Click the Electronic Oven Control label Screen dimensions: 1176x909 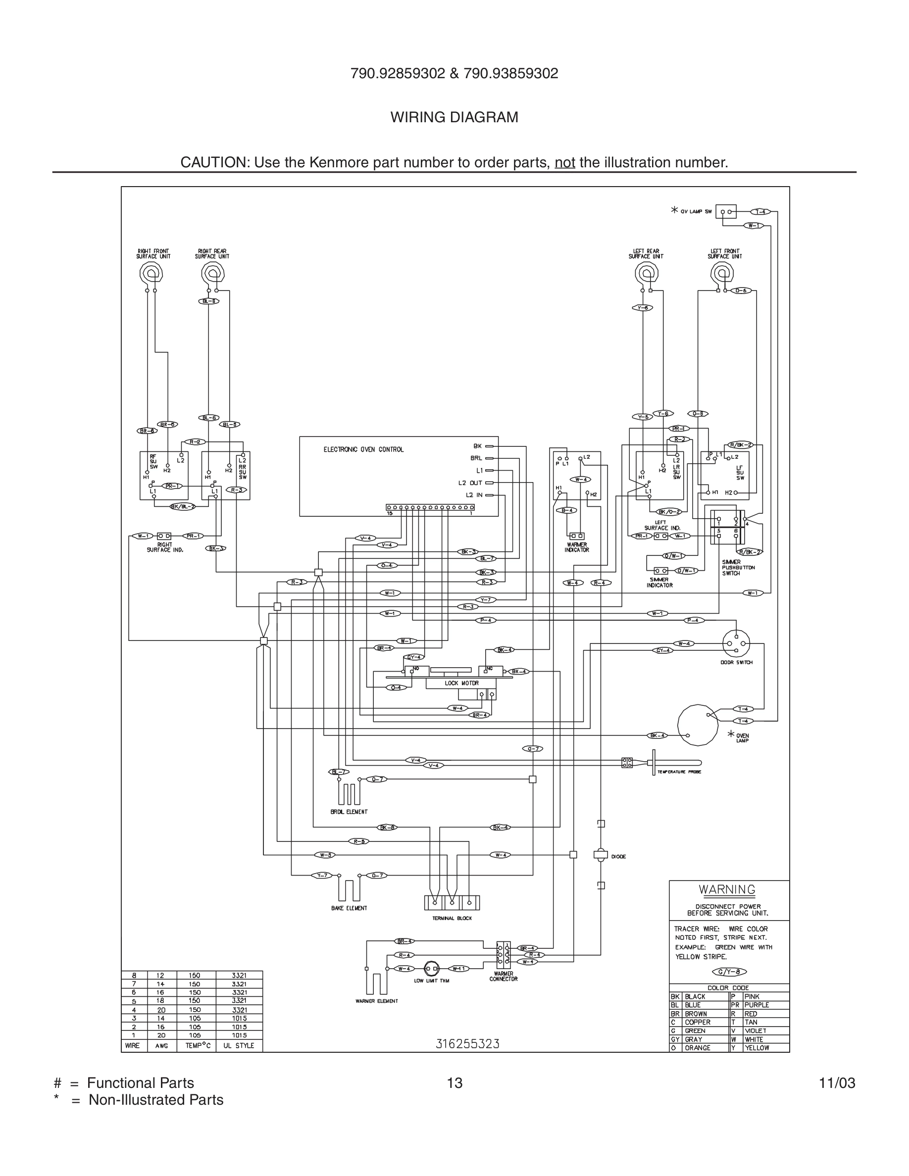point(363,449)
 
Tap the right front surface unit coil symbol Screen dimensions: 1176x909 point(151,274)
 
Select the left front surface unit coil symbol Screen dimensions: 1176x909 point(721,274)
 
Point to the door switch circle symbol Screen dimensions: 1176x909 point(736,644)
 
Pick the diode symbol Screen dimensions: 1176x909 point(601,855)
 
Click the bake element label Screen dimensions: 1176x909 point(349,908)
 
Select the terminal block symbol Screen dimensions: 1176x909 point(452,902)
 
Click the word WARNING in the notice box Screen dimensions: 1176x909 point(727,890)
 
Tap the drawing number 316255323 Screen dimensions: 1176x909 point(467,1044)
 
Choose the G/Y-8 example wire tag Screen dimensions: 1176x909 point(729,972)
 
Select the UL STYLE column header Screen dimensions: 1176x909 point(239,1046)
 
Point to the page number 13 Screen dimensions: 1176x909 point(454,1083)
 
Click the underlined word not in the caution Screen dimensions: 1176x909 point(565,162)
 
